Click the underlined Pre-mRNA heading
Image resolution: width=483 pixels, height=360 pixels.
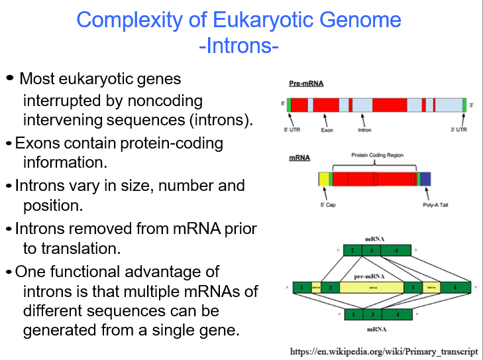pos(305,84)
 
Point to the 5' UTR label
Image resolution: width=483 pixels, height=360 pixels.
pos(292,130)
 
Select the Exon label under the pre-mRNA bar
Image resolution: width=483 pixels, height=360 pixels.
pos(327,130)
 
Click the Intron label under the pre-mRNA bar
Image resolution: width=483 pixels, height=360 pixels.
pos(364,130)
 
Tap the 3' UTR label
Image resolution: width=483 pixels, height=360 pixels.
pos(459,130)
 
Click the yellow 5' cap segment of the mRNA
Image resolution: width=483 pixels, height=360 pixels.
pos(324,178)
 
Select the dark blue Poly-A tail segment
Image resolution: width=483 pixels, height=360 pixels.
pos(425,178)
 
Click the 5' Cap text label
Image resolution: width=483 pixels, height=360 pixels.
pos(328,205)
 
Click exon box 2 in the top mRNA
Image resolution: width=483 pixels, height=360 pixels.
pos(353,251)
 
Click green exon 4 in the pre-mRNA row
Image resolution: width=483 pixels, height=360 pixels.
pos(455,288)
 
